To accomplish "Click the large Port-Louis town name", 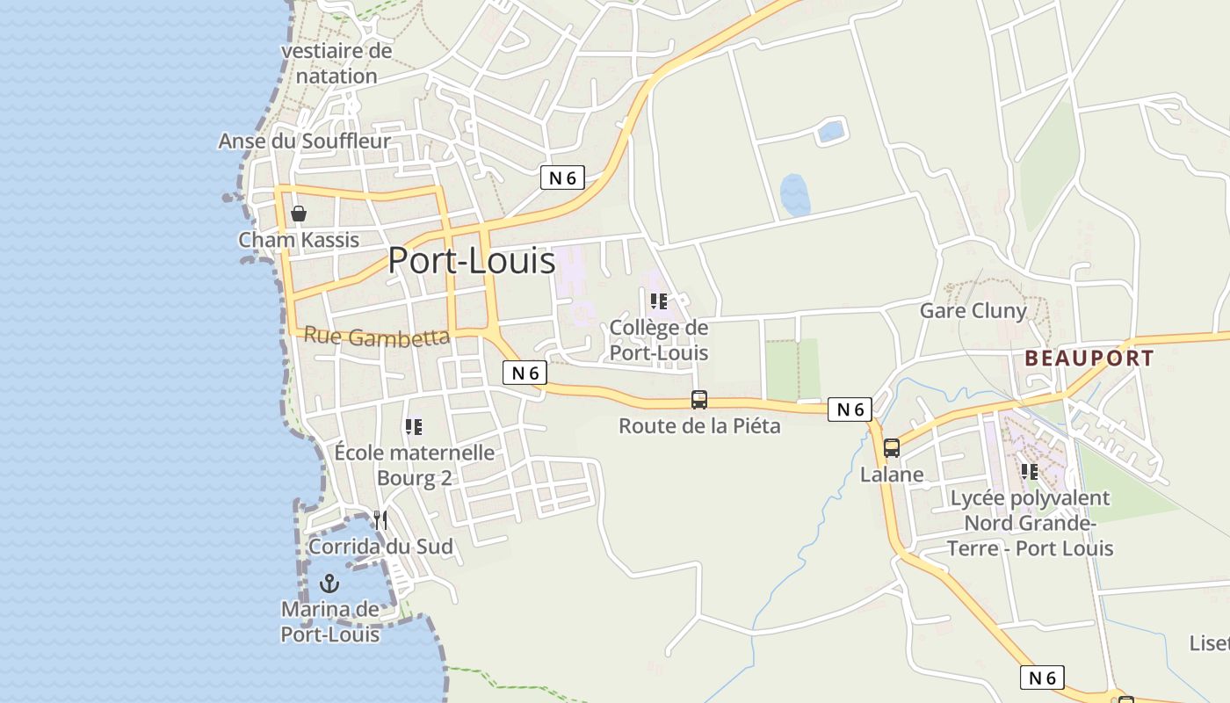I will click(472, 261).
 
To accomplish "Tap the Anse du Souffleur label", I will click(304, 141).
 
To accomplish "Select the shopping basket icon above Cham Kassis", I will click(299, 213).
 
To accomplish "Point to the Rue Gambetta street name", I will click(377, 337).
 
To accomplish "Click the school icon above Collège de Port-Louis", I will click(659, 302).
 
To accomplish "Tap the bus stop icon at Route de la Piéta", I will click(699, 400).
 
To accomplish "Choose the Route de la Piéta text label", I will click(699, 426).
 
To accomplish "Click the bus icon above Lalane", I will click(892, 448).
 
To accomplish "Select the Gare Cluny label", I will click(973, 310).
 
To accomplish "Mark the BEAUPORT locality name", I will click(1089, 359).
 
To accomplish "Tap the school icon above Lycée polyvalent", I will click(1030, 472).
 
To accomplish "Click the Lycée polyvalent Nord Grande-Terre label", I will click(1031, 523).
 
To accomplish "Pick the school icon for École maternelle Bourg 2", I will click(414, 427).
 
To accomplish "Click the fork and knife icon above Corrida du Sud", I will click(380, 519).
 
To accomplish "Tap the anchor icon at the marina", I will click(329, 583).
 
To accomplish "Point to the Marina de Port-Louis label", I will click(330, 621).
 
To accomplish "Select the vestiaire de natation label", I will click(336, 63).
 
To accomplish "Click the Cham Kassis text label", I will click(299, 240).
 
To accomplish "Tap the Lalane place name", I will click(892, 475).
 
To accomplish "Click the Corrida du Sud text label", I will click(380, 547).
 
